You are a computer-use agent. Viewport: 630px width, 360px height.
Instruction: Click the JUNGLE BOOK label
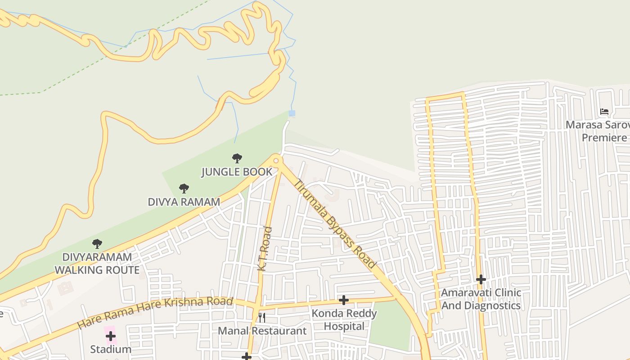[x=237, y=172]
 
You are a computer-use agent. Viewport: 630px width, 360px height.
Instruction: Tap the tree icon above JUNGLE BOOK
[x=237, y=158]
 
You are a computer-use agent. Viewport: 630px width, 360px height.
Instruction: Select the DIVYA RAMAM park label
[x=184, y=202]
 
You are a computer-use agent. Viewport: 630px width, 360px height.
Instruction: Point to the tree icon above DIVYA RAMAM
[x=184, y=188]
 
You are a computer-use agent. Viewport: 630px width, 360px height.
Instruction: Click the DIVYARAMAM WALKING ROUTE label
[x=97, y=264]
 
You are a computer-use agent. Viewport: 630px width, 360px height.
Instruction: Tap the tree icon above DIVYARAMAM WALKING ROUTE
[x=97, y=244]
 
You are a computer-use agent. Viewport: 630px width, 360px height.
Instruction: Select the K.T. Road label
[x=265, y=248]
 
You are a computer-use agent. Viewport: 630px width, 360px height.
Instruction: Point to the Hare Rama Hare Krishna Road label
[x=155, y=312]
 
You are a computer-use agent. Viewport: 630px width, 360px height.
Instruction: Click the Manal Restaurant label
[x=262, y=331]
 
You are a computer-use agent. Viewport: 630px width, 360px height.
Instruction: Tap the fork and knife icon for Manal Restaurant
[x=261, y=318]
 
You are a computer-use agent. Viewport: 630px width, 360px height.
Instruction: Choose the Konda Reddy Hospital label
[x=344, y=319]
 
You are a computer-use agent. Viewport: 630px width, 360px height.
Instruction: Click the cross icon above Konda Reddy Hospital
[x=344, y=300]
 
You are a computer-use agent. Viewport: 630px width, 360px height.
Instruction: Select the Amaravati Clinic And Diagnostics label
[x=481, y=299]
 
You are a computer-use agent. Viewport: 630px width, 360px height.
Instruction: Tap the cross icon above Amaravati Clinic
[x=481, y=279]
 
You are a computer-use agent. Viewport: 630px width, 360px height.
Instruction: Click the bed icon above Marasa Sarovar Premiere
[x=604, y=112]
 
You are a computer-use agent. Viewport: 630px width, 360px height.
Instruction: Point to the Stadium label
[x=111, y=349]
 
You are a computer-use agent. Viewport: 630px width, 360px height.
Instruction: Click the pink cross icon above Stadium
[x=110, y=336]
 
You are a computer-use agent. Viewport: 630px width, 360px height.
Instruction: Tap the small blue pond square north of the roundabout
[x=292, y=113]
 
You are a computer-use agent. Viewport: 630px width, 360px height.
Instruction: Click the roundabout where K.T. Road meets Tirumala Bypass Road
[x=276, y=160]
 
